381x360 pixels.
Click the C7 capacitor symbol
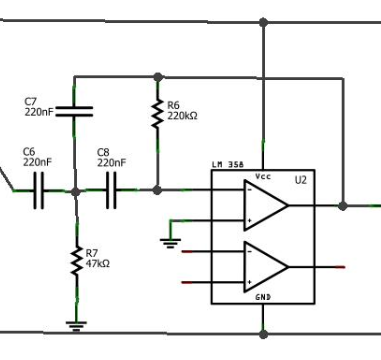click(75, 110)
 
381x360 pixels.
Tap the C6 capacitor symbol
click(41, 189)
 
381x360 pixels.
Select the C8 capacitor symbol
click(111, 189)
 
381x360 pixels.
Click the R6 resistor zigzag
click(156, 112)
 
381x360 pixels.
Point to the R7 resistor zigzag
click(76, 260)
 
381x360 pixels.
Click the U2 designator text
click(300, 180)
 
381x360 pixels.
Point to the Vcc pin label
click(263, 176)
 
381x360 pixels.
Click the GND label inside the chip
click(263, 297)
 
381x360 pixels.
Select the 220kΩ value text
click(182, 116)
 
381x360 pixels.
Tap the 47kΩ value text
click(98, 264)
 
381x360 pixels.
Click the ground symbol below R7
click(75, 323)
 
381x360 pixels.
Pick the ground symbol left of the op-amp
click(169, 239)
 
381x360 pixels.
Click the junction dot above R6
click(156, 75)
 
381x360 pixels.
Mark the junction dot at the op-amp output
click(343, 206)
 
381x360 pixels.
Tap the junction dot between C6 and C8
click(76, 189)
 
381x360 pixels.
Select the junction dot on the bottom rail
click(263, 332)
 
